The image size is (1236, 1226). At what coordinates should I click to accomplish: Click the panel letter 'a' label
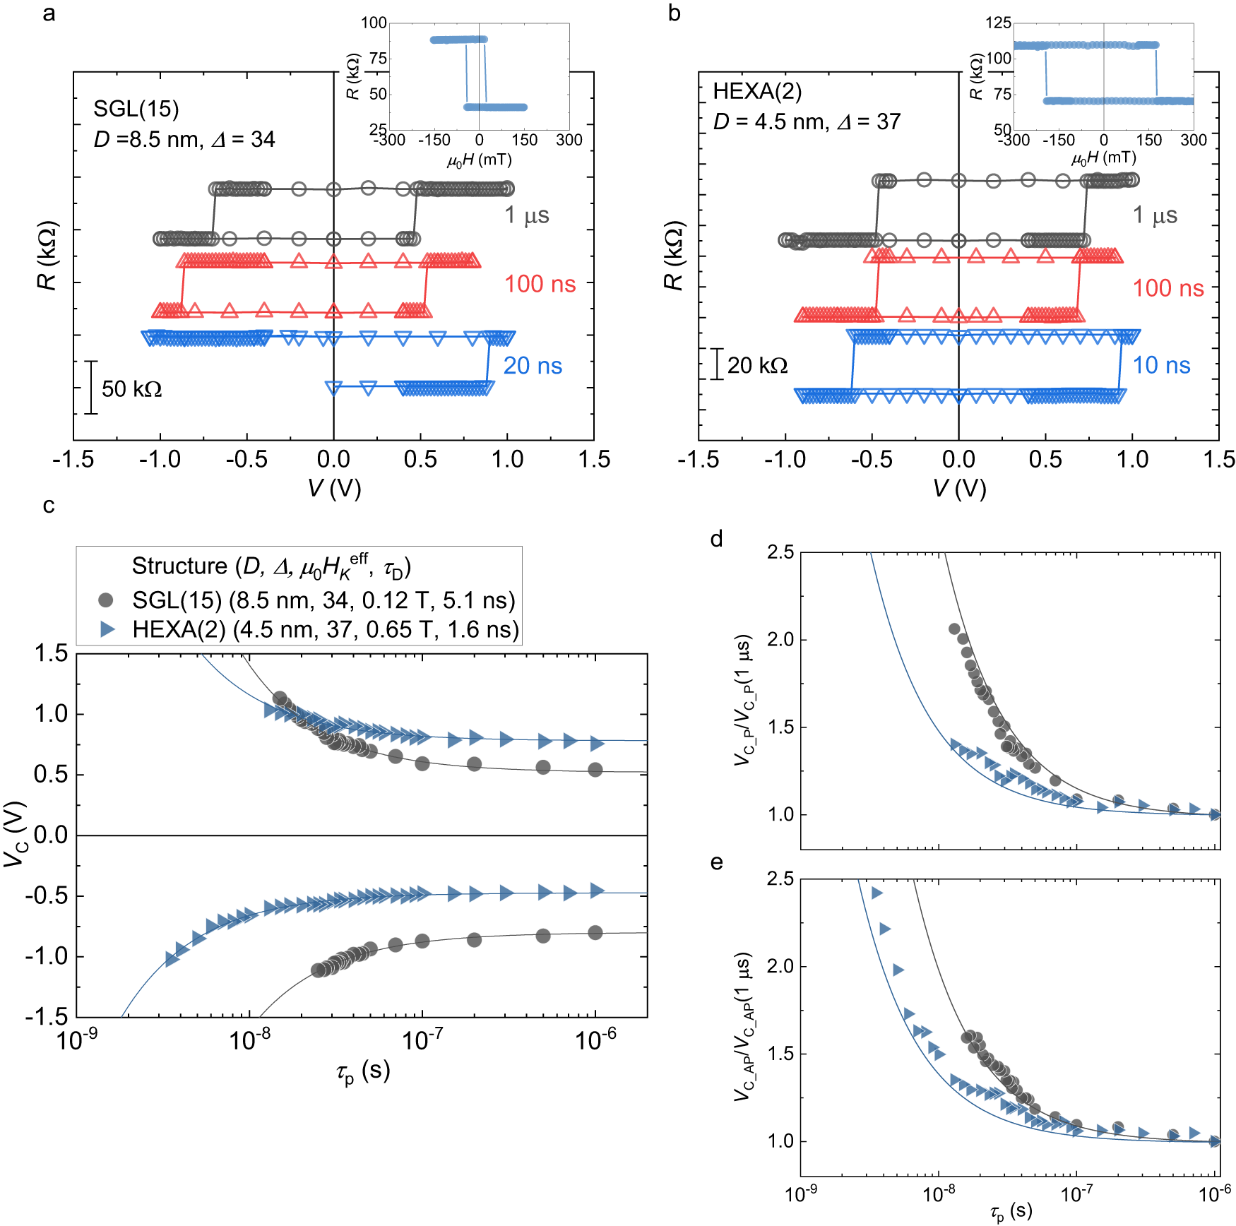coord(49,13)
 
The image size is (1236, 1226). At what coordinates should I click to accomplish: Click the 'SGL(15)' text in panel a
coord(136,109)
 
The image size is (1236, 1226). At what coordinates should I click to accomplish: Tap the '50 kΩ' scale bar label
coord(131,389)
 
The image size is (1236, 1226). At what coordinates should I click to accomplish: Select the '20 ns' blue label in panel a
coord(533,366)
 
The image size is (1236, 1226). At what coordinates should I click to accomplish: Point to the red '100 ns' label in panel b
coord(1168,288)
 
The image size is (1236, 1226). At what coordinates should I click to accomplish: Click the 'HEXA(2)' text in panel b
coord(757,91)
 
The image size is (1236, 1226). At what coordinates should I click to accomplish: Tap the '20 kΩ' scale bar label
coord(757,365)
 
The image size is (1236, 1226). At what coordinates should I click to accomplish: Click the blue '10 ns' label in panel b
coord(1161,365)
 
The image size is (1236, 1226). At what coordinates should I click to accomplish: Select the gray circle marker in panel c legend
coord(106,600)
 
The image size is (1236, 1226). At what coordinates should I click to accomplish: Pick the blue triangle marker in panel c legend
coord(107,629)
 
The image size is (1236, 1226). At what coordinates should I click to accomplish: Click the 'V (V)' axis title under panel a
coord(334,488)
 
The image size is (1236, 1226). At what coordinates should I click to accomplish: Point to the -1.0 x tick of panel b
coord(785,460)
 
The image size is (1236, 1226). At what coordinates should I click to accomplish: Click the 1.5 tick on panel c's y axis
coord(52,653)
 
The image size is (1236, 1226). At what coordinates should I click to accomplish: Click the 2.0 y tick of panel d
coord(780,640)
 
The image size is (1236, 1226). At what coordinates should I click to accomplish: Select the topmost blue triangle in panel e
coord(877,893)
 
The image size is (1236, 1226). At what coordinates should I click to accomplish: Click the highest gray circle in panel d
coord(954,629)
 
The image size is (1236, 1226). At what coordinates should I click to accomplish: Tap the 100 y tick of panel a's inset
coord(374,23)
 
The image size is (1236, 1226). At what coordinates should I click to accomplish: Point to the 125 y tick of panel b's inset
coord(998,23)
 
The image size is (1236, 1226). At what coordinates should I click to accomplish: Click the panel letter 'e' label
coord(717,862)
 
